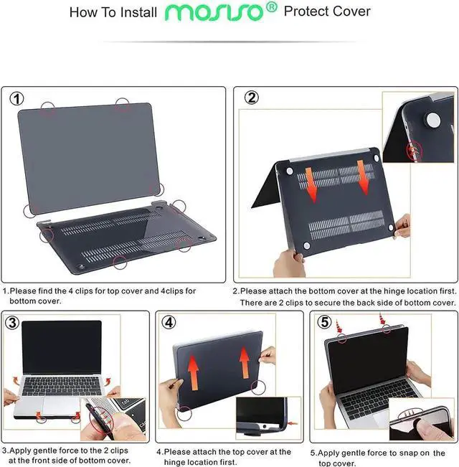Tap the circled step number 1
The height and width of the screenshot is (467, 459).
click(16, 98)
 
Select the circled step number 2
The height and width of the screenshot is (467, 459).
click(251, 98)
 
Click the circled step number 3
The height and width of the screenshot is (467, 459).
click(12, 322)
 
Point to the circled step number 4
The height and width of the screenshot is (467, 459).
click(169, 322)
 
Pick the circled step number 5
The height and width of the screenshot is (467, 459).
click(324, 322)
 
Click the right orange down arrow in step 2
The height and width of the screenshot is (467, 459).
click(364, 176)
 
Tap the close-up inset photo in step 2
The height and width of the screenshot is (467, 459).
click(417, 125)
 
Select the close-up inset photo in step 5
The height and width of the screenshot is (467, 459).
click(421, 424)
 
